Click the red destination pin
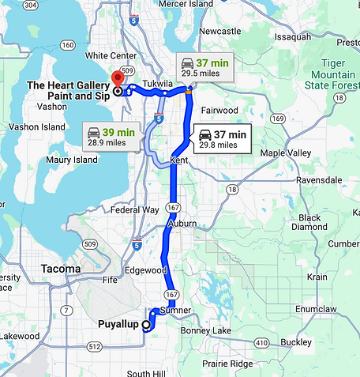coord(118,78)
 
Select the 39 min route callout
coord(111,136)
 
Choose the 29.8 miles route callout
coord(223,139)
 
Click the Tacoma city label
coord(61,269)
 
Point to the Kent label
coord(179,161)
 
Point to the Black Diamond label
coord(309,222)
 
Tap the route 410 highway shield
coord(260,342)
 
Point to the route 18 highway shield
coord(231,190)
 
